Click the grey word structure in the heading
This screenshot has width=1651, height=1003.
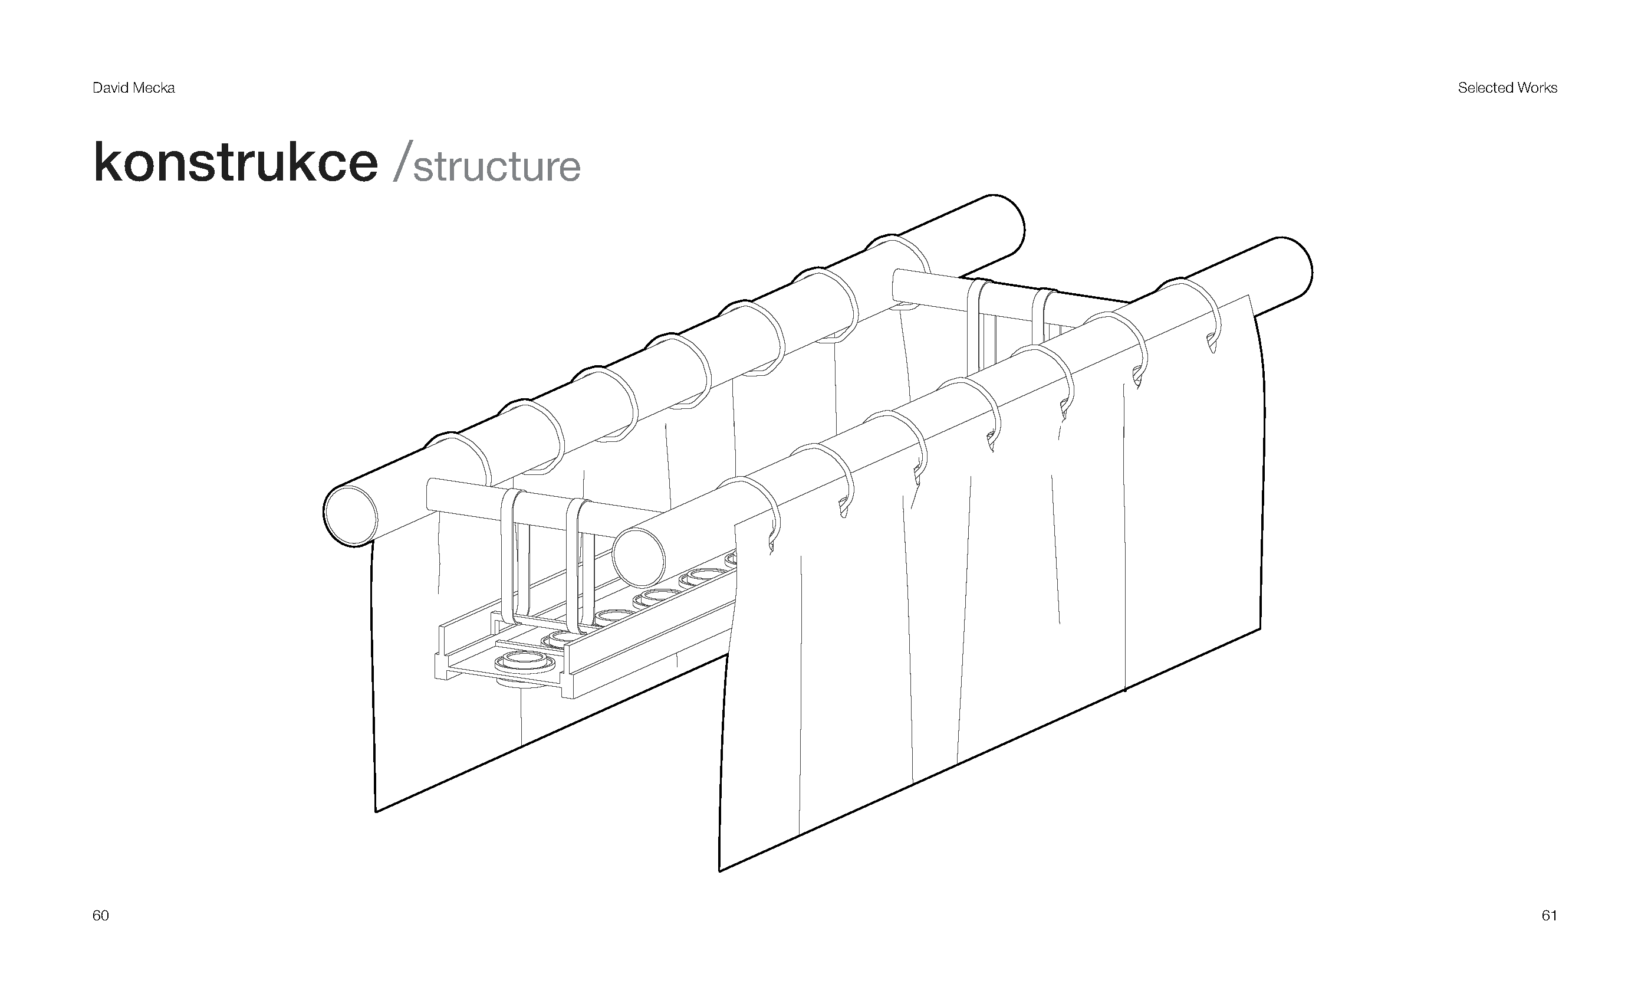click(496, 167)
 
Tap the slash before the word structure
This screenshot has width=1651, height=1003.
click(400, 161)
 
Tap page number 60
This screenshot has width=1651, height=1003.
click(100, 916)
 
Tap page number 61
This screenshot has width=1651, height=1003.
click(1549, 916)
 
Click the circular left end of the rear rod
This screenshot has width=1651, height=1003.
click(350, 515)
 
